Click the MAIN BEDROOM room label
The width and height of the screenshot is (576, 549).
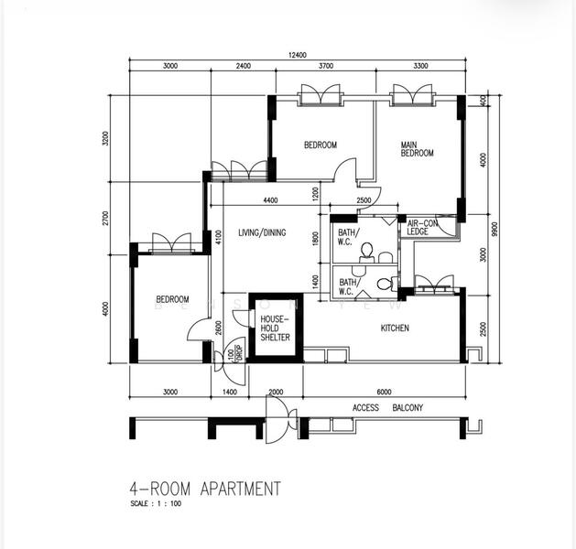pos(417,149)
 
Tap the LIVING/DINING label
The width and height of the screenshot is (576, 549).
pos(262,232)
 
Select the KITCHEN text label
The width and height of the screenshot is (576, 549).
pos(395,328)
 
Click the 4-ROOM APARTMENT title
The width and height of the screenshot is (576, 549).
pos(205,489)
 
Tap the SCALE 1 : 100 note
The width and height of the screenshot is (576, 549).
pos(156,504)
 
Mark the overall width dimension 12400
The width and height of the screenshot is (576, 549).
pos(298,57)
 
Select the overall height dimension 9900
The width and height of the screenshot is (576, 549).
pos(494,228)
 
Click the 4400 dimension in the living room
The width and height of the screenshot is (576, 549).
pos(271,200)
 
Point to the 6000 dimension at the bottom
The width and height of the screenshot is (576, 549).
pos(383,392)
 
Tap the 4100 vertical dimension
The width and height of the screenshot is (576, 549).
pos(219,238)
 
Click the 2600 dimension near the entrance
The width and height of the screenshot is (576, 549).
pos(218,328)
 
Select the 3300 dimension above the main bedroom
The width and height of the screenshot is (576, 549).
pos(421,67)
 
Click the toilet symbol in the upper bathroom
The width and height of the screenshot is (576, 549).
pos(366,249)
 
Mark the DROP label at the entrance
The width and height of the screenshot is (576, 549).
pos(237,351)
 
